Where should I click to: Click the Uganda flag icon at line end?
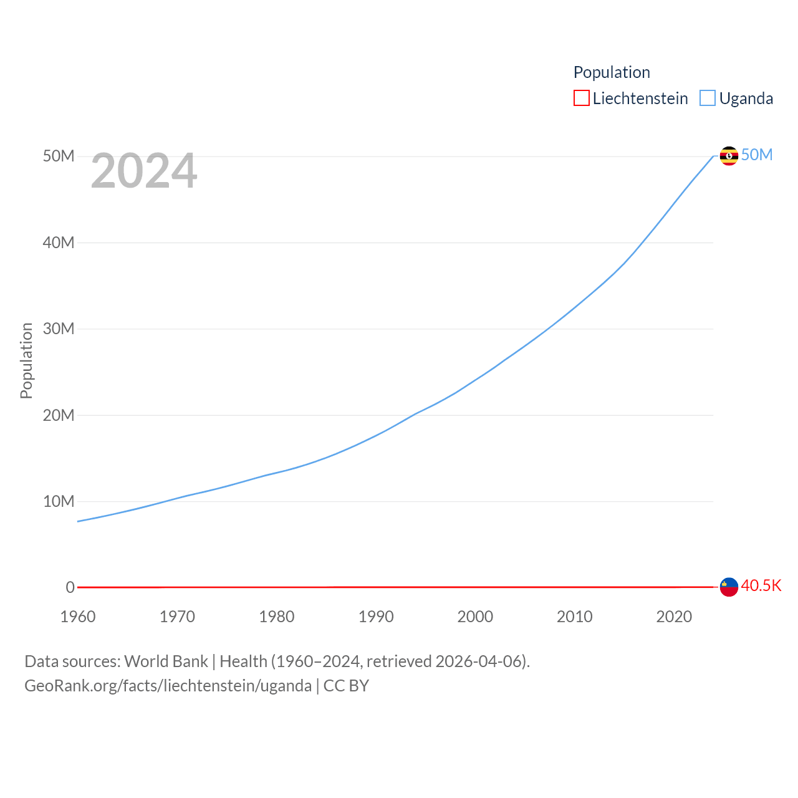pyautogui.click(x=729, y=155)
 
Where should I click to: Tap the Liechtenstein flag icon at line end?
pyautogui.click(x=729, y=587)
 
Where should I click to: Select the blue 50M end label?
pyautogui.click(x=757, y=155)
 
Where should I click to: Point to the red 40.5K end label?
pyautogui.click(x=761, y=585)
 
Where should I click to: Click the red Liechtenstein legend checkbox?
pyautogui.click(x=581, y=98)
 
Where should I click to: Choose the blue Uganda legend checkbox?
pyautogui.click(x=707, y=98)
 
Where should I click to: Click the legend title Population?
pyautogui.click(x=612, y=72)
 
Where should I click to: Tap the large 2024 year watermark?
pyautogui.click(x=144, y=171)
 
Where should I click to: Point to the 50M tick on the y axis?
pyautogui.click(x=59, y=156)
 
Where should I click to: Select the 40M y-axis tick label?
pyautogui.click(x=59, y=243)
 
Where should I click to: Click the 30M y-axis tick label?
pyautogui.click(x=59, y=329)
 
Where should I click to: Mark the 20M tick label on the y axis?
pyautogui.click(x=59, y=415)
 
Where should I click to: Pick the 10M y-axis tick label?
pyautogui.click(x=59, y=501)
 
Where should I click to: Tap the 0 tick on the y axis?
pyautogui.click(x=70, y=587)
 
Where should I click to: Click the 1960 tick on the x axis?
pyautogui.click(x=78, y=617)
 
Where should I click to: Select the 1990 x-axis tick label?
pyautogui.click(x=376, y=617)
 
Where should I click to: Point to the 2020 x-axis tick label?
pyautogui.click(x=674, y=617)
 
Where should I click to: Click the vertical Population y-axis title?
pyautogui.click(x=26, y=360)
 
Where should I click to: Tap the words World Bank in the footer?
pyautogui.click(x=166, y=661)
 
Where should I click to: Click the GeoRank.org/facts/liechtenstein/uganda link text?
pyautogui.click(x=168, y=686)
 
